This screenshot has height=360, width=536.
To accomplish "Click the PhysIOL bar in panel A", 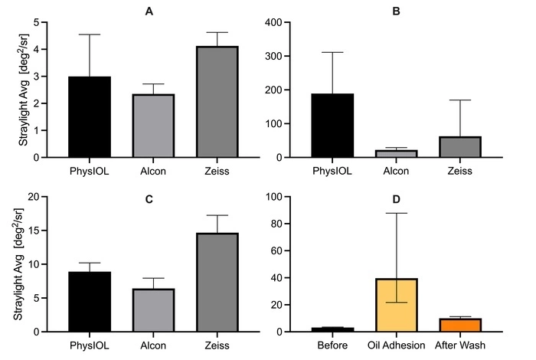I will tap(89, 117).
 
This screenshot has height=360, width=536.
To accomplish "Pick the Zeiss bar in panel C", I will tap(216, 283).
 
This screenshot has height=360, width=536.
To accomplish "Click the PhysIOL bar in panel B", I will tap(332, 126).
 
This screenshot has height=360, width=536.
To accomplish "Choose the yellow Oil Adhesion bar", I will tap(396, 305).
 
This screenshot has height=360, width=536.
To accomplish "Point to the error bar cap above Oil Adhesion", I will tap(396, 213).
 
